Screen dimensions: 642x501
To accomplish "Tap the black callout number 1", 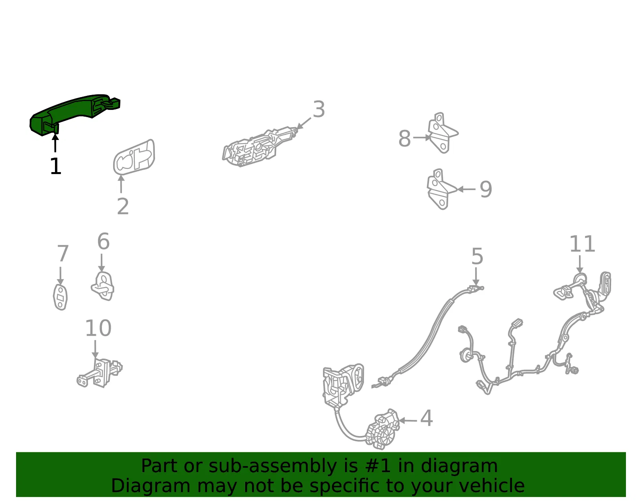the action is (x=55, y=166).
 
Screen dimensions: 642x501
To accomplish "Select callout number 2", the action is (x=123, y=206).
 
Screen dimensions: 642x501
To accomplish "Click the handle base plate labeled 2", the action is (x=134, y=157).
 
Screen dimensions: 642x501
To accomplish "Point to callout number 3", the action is (x=319, y=109).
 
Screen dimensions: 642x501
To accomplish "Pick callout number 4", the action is (x=426, y=418).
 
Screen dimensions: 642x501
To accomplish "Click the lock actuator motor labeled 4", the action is (x=382, y=430).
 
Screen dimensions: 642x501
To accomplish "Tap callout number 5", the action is (x=477, y=256).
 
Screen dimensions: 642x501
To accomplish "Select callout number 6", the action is (x=104, y=241).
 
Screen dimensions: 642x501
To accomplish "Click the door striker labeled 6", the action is (x=102, y=286).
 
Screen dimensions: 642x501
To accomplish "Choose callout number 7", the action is (x=63, y=253).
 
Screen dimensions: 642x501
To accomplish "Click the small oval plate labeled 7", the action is (x=60, y=297).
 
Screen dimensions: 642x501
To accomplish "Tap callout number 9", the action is (x=486, y=189).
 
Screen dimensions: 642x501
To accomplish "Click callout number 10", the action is (x=98, y=328).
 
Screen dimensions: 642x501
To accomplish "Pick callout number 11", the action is (x=582, y=244).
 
